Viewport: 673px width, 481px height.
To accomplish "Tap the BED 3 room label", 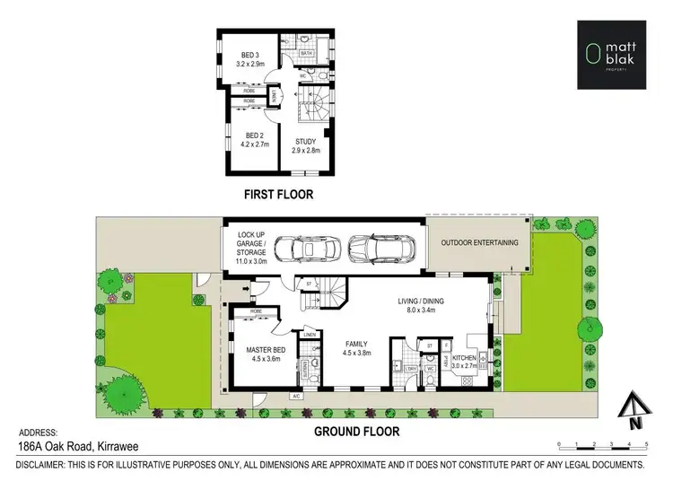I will (x=248, y=60).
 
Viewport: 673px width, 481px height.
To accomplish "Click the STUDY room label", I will (x=306, y=146).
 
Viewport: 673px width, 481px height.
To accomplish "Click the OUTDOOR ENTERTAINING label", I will (x=479, y=242).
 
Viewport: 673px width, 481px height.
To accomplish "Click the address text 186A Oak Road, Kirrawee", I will (x=75, y=445).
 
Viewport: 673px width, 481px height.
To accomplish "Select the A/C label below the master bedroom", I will (x=295, y=395).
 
